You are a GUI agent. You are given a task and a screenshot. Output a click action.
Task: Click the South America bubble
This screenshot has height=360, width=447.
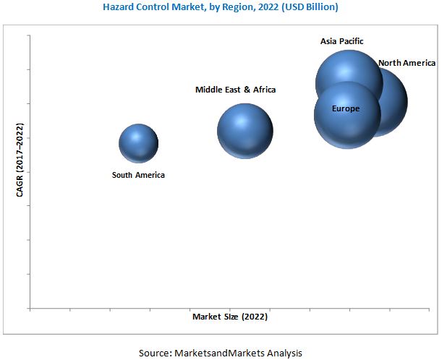(138, 143)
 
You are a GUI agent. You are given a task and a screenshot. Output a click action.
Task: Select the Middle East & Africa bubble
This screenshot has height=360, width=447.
(245, 131)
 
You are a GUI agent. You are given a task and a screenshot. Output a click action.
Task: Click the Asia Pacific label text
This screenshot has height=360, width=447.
(342, 41)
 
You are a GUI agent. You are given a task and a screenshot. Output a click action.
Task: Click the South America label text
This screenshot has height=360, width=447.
(138, 175)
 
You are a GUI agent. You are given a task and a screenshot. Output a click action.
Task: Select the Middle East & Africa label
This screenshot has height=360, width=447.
(235, 90)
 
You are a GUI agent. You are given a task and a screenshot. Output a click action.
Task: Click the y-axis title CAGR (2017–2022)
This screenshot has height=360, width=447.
(20, 160)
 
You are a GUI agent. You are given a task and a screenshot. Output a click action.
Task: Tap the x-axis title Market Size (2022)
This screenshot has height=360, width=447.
(230, 317)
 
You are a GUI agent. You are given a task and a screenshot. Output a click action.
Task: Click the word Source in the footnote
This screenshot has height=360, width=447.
(155, 353)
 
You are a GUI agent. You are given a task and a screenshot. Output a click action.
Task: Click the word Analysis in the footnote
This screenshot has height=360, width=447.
(284, 353)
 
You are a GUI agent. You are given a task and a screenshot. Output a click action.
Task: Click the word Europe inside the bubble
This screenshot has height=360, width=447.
(346, 109)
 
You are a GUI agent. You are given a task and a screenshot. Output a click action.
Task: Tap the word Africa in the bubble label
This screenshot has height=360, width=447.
(262, 90)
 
